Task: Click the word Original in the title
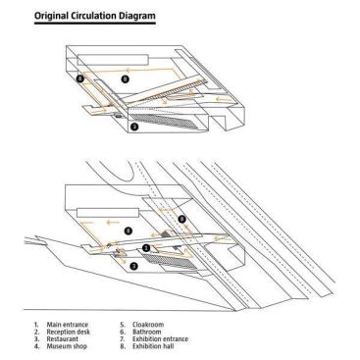pyautogui.click(x=52, y=16)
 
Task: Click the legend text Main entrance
pyautogui.click(x=68, y=325)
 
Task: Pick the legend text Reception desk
pyautogui.click(x=69, y=332)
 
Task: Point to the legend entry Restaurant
pyautogui.click(x=63, y=338)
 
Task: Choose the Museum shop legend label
pyautogui.click(x=67, y=346)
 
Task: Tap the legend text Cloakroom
pyautogui.click(x=148, y=325)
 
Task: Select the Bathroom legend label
pyautogui.click(x=147, y=332)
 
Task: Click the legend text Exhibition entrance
pyautogui.click(x=160, y=338)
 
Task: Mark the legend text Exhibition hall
pyautogui.click(x=153, y=346)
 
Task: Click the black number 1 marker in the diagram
pyautogui.click(x=146, y=248)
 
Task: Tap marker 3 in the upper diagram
pyautogui.click(x=133, y=127)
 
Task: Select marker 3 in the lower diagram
pyautogui.click(x=133, y=266)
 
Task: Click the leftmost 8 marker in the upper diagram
pyautogui.click(x=80, y=78)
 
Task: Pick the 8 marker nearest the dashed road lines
pyautogui.click(x=182, y=219)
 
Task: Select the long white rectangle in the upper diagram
pyautogui.click(x=113, y=60)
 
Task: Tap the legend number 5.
pyautogui.click(x=123, y=325)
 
